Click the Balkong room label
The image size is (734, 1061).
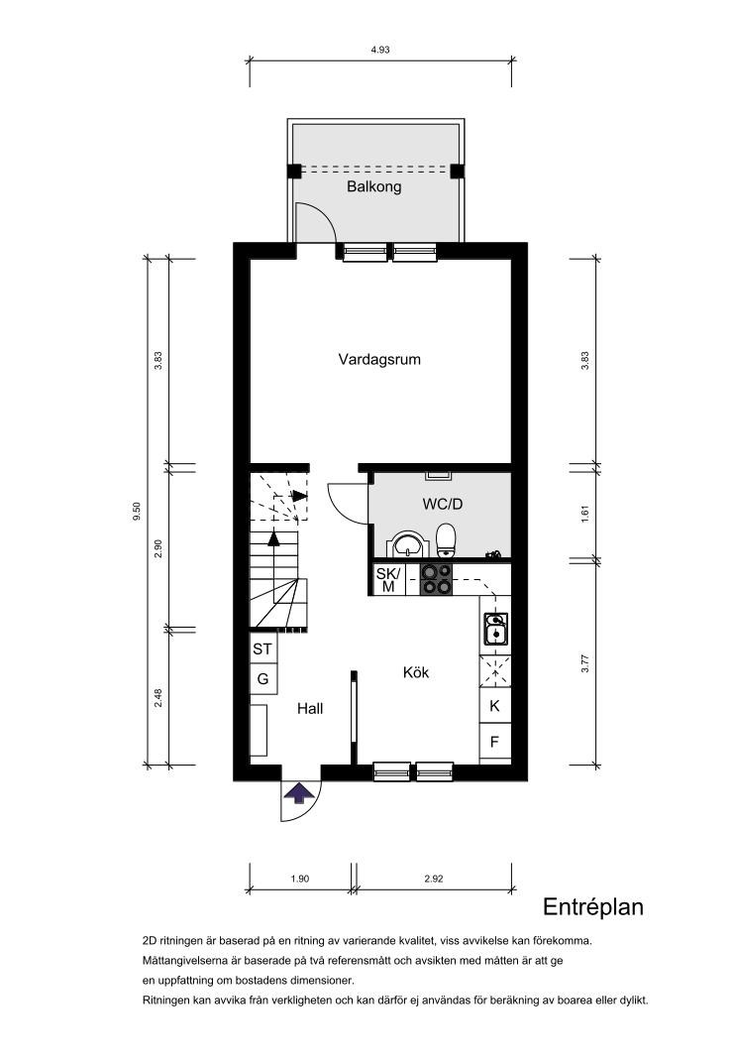pyautogui.click(x=373, y=186)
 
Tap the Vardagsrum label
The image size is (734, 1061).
pyautogui.click(x=379, y=359)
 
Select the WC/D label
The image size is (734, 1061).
pyautogui.click(x=443, y=504)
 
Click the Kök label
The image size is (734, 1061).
pyautogui.click(x=416, y=672)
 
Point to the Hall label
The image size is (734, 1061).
pyautogui.click(x=310, y=708)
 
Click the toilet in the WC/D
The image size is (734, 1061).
pyautogui.click(x=447, y=540)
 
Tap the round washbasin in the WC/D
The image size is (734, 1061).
pyautogui.click(x=407, y=544)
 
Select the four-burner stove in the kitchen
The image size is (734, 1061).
pyautogui.click(x=436, y=579)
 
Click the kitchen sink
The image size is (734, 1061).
pyautogui.click(x=495, y=630)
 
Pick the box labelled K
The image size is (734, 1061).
pyautogui.click(x=494, y=706)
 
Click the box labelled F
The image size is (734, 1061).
pyautogui.click(x=494, y=742)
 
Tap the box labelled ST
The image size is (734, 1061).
pyautogui.click(x=262, y=649)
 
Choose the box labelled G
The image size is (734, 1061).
pyautogui.click(x=262, y=678)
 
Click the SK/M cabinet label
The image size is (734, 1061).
pyautogui.click(x=388, y=580)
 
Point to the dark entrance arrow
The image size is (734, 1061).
pyautogui.click(x=298, y=792)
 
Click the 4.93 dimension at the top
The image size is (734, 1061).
pyautogui.click(x=380, y=50)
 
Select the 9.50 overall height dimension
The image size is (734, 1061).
pyautogui.click(x=138, y=511)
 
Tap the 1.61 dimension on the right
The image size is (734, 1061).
pyautogui.click(x=585, y=513)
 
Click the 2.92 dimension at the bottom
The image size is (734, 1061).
pyautogui.click(x=434, y=879)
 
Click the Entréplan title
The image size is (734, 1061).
pyautogui.click(x=592, y=907)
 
